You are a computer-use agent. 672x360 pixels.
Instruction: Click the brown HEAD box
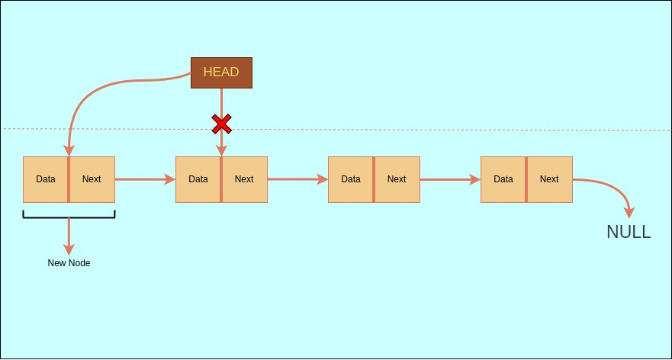tap(221, 72)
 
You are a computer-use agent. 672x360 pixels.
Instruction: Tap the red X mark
tap(221, 123)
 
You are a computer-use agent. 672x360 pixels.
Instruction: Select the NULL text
tap(629, 233)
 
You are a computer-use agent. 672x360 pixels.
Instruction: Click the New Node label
tap(69, 263)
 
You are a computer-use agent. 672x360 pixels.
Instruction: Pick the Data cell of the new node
tap(46, 179)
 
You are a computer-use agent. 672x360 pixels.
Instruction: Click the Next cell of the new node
tap(92, 179)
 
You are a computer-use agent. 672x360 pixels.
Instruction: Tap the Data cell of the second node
tap(198, 179)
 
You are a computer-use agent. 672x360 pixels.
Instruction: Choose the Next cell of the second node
tap(244, 179)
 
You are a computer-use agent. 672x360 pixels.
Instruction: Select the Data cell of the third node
tap(351, 179)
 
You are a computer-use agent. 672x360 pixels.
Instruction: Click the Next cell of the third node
tap(397, 179)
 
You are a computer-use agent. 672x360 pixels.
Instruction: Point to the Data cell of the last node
tap(503, 179)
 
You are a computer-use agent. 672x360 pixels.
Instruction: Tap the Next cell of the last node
tap(549, 179)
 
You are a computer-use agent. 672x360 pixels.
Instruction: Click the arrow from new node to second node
tap(145, 180)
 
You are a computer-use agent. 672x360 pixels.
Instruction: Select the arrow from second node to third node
tap(297, 180)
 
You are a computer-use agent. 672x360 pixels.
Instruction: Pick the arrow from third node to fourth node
tap(450, 180)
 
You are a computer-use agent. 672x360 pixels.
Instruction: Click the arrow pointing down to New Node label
tap(69, 236)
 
